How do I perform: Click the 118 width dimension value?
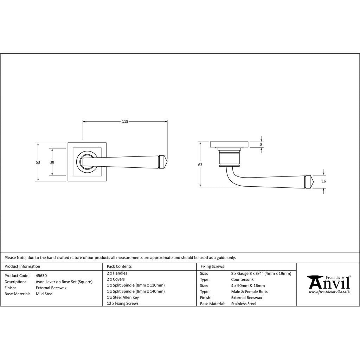point(125,121)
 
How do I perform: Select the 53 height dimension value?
point(38,162)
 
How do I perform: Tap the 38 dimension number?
point(52,162)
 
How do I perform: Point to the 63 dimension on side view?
point(200,165)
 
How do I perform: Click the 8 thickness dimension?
point(261,144)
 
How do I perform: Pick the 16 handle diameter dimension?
point(323,181)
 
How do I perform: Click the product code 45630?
point(41,276)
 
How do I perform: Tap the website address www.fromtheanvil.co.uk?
point(329,292)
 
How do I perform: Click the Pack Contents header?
point(119,266)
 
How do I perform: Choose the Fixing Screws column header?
point(212,266)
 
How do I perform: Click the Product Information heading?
point(22,266)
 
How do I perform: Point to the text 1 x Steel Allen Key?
point(123,297)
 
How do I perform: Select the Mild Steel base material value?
point(45,294)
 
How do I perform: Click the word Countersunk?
point(242,279)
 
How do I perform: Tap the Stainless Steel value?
point(244,304)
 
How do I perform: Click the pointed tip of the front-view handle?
point(168,162)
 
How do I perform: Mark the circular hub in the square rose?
point(87,162)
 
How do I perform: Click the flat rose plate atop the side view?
point(229,144)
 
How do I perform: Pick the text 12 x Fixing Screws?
point(123,303)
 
